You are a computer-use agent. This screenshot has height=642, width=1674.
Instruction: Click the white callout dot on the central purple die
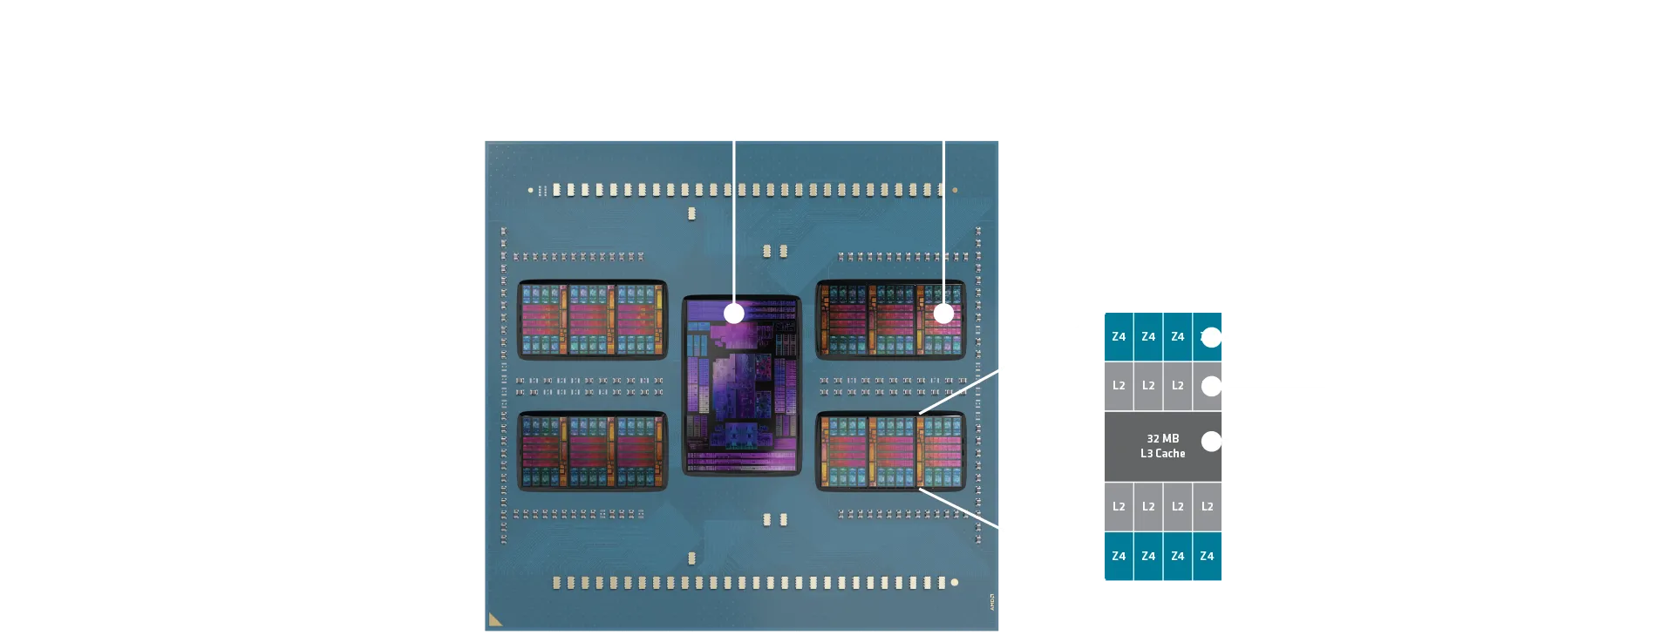(734, 313)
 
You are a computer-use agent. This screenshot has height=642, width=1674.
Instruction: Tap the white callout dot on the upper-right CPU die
(943, 314)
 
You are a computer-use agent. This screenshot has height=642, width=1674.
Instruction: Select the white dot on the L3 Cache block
(1211, 442)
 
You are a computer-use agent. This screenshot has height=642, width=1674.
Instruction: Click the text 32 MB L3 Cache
(1162, 446)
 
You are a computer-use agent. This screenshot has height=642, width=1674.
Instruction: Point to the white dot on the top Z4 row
(1211, 337)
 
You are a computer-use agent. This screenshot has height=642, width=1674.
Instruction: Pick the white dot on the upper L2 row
(1211, 386)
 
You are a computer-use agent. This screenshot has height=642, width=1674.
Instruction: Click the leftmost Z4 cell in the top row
(1119, 337)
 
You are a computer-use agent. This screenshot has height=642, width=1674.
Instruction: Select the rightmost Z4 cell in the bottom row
(1207, 556)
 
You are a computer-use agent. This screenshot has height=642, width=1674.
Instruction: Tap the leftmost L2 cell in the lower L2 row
(1119, 506)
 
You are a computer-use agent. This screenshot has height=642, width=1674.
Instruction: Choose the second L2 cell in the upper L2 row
(1148, 386)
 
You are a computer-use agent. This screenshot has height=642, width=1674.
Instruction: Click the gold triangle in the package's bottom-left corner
(495, 619)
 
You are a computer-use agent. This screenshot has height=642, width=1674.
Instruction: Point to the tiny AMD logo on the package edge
(991, 601)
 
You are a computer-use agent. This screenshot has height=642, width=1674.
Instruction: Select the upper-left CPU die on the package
(593, 320)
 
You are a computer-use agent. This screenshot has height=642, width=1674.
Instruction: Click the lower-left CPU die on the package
(593, 451)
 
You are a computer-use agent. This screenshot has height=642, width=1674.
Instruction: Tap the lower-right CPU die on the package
(890, 451)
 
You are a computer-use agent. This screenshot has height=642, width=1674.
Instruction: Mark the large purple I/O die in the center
(741, 386)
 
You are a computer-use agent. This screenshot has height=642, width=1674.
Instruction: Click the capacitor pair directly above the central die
(775, 251)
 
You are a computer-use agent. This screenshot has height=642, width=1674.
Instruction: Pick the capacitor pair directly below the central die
(775, 520)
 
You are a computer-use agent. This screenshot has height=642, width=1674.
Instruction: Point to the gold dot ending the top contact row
(956, 190)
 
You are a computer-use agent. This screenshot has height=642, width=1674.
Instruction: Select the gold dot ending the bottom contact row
(955, 582)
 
